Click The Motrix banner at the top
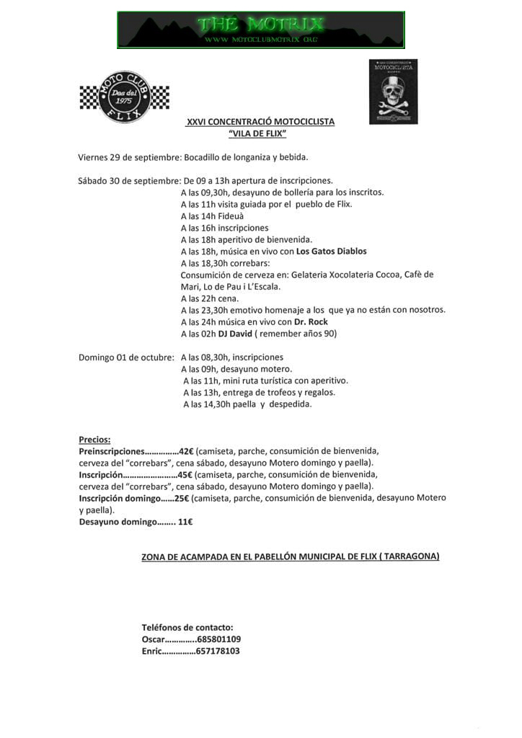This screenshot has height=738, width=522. point(260,30)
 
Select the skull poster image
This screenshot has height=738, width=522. point(393,92)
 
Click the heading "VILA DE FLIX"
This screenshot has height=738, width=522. point(257,134)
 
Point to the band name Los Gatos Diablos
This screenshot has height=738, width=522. point(332,252)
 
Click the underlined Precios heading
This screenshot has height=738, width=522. point(94,440)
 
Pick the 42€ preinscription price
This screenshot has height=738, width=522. point(187,450)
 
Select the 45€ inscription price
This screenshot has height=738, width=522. point(185,475)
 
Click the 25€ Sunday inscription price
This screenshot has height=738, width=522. point(182,498)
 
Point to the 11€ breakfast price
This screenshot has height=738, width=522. point(185,522)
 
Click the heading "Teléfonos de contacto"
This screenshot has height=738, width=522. point(187,627)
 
